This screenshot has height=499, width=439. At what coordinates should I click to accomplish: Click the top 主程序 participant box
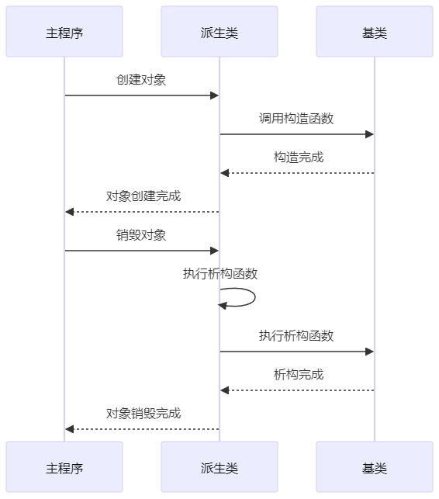point(64,32)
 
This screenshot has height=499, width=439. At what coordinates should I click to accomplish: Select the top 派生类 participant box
point(219,32)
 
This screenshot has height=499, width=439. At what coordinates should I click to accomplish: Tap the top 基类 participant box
point(375,32)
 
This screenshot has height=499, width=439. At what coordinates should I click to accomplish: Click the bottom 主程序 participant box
point(64,467)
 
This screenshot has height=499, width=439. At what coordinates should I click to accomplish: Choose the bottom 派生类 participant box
point(219,467)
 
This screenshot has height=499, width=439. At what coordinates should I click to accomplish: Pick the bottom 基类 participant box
point(375,467)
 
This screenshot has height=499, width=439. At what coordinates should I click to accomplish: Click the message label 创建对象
point(141,80)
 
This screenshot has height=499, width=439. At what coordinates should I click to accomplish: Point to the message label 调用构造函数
point(296,119)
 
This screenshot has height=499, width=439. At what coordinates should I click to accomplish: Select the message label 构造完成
point(299,158)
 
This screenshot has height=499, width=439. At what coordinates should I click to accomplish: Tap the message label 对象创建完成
point(143,196)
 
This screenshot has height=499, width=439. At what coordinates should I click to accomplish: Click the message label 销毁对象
point(141,235)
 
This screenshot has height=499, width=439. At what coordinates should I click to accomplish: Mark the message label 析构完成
point(299,374)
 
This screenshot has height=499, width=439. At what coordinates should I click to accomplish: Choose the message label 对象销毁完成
point(143,414)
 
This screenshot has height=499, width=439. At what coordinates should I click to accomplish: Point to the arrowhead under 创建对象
point(214,95)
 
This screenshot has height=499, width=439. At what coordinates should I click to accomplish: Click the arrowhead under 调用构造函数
point(370,134)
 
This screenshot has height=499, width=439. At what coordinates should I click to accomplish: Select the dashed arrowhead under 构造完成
point(225,173)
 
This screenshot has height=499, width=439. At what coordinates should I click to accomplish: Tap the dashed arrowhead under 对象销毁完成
point(69,429)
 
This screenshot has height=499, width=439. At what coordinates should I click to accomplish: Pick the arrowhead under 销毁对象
point(214,251)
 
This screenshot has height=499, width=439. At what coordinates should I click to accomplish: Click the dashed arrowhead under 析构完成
point(225,390)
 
